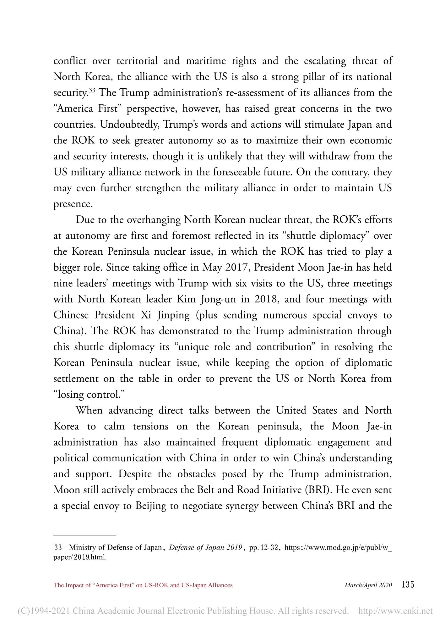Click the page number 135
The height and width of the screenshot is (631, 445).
[x=408, y=584]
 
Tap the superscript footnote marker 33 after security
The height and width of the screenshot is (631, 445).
[x=92, y=91]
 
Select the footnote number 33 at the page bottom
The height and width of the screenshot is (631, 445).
[x=58, y=547]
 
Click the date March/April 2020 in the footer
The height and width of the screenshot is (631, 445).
[x=368, y=585]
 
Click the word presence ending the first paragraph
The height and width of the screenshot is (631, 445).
[x=73, y=204]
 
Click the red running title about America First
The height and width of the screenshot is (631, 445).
[x=143, y=585]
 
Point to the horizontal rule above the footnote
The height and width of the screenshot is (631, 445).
[x=85, y=534]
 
